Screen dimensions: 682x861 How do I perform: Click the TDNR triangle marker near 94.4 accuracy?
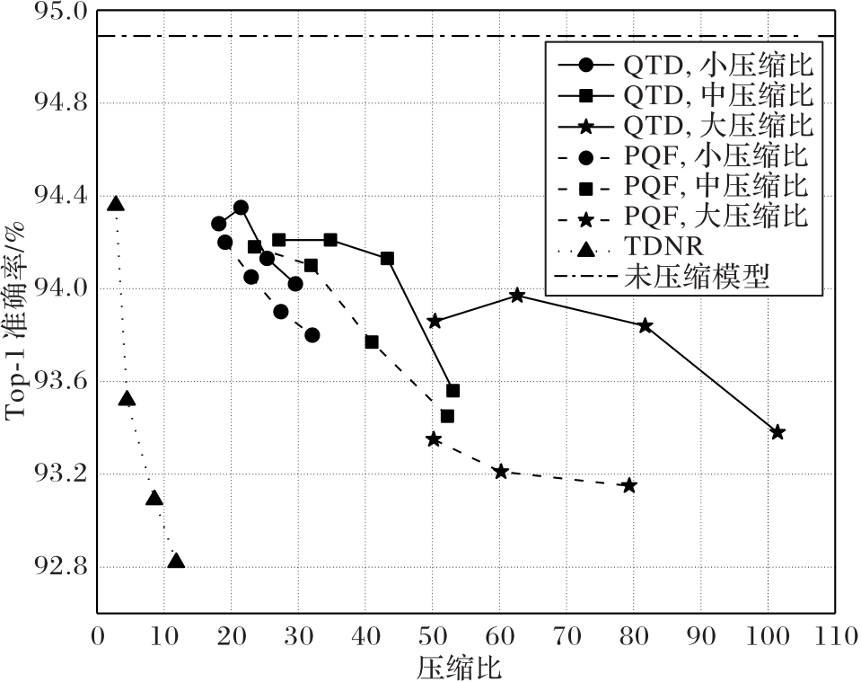115,204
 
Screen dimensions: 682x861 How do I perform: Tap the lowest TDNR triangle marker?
176,561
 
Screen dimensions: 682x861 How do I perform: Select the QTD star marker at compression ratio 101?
778,432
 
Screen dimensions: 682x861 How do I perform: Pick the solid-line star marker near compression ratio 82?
646,325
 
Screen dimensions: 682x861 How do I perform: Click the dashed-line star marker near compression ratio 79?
629,485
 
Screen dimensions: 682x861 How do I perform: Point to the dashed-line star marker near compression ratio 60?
501,472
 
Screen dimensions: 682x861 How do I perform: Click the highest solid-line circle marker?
241,207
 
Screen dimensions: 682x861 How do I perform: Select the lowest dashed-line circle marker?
312,334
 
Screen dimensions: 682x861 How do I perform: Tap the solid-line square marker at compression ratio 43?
387,258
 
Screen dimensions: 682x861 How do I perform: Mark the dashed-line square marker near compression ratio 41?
372,341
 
